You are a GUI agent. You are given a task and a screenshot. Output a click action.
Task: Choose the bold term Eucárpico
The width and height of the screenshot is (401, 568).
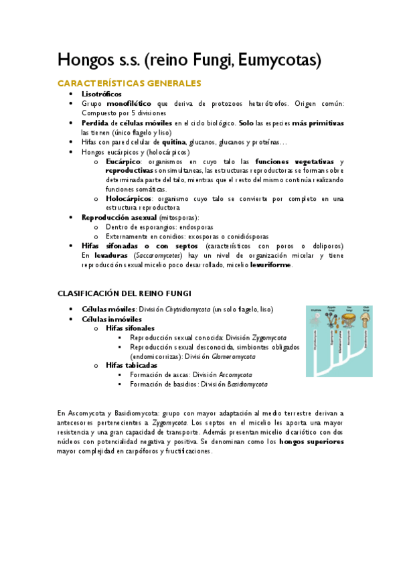[123, 161]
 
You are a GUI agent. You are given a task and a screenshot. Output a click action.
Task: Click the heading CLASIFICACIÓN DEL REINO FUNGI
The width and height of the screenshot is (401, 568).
[125, 293]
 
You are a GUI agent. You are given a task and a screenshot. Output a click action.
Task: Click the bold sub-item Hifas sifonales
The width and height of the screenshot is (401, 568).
[130, 328]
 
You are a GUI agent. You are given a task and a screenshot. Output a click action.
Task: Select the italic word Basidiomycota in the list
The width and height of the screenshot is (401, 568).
[248, 384]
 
